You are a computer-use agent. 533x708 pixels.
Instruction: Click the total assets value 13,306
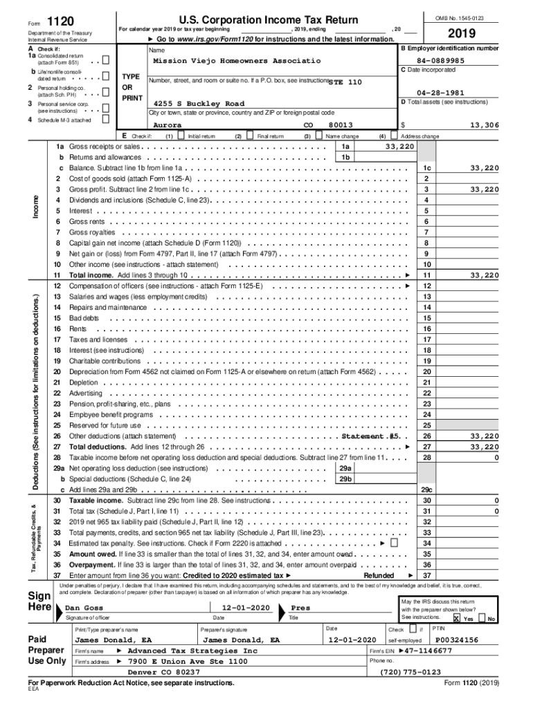(483, 125)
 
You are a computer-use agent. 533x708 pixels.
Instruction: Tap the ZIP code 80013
(341, 125)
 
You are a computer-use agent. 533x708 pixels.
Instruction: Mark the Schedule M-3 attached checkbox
(106, 119)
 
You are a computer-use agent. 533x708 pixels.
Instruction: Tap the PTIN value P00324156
(456, 640)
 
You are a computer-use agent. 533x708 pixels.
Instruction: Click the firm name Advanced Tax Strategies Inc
(192, 651)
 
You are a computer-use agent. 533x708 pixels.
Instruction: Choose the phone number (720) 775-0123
(410, 671)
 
